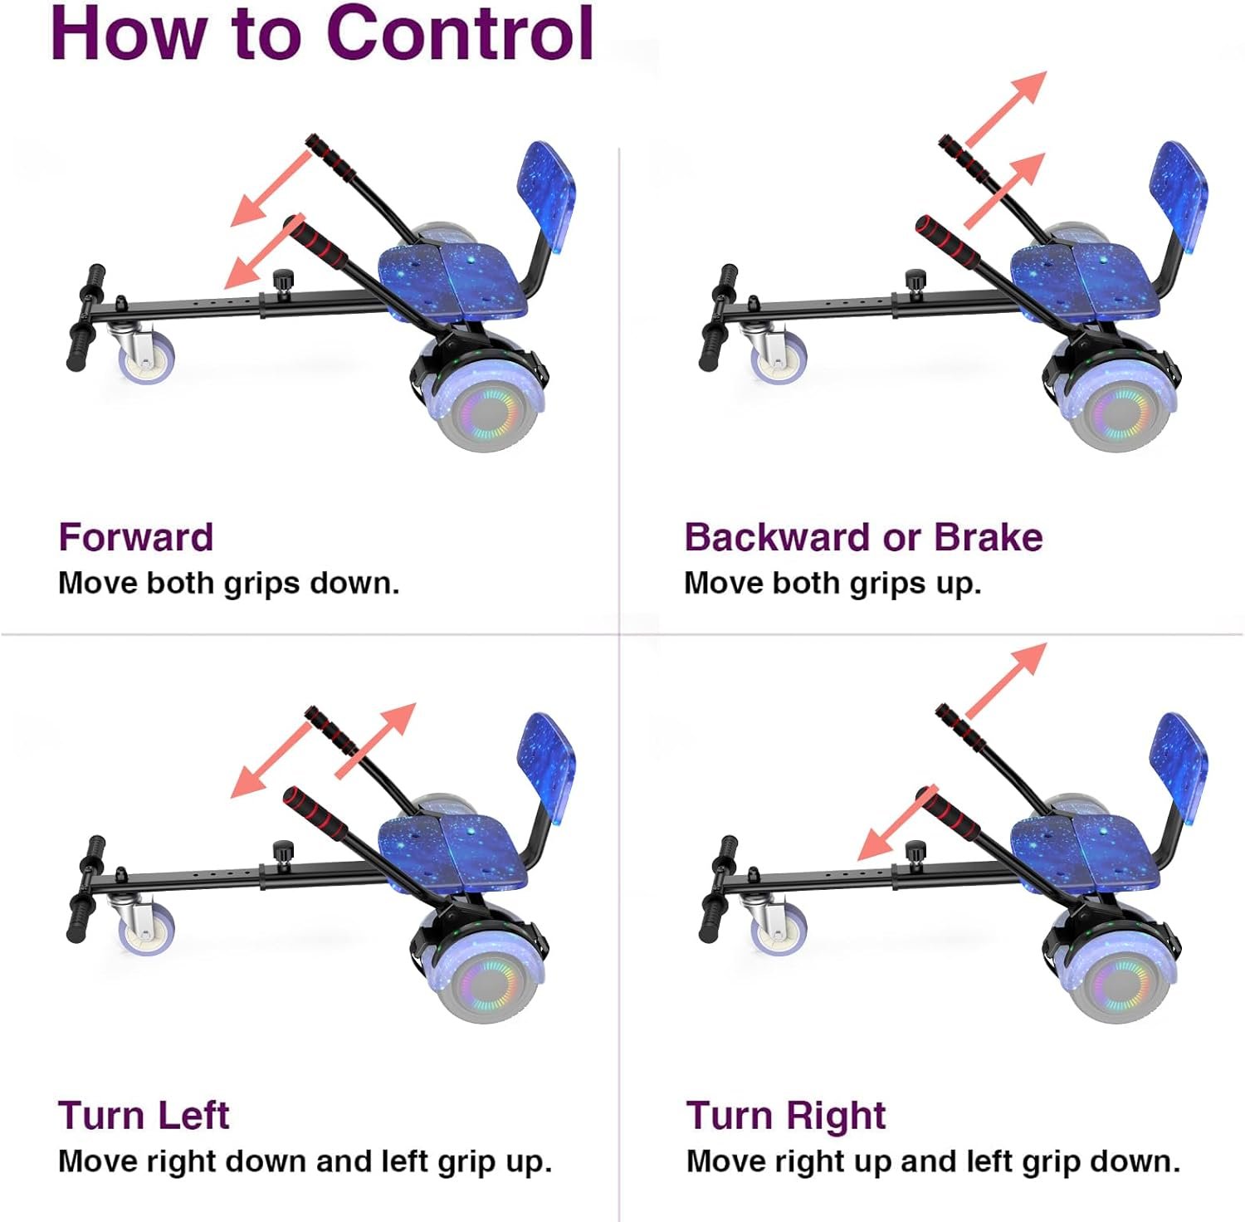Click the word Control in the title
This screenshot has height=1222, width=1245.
pyautogui.click(x=461, y=33)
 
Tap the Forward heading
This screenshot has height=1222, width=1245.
pyautogui.click(x=136, y=537)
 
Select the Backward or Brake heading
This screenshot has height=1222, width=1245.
pyautogui.click(x=863, y=537)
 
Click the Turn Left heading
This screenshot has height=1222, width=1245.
pyautogui.click(x=144, y=1115)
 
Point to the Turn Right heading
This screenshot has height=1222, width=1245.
pyautogui.click(x=786, y=1115)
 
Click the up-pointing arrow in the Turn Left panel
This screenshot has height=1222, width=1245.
pyautogui.click(x=375, y=741)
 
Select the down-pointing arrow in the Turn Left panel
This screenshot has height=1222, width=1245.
pyautogui.click(x=271, y=760)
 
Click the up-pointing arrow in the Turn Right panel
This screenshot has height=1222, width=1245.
pyautogui.click(x=1006, y=680)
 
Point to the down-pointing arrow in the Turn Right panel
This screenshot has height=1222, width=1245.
pyautogui.click(x=897, y=823)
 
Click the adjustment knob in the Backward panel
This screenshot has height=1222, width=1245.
pyautogui.click(x=915, y=281)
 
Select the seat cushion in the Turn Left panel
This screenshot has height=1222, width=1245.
pyautogui.click(x=452, y=853)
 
